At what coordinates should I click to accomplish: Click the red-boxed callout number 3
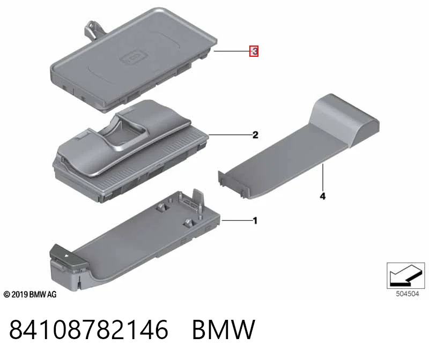point(254,51)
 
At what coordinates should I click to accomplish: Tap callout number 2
point(255,135)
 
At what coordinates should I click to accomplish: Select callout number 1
point(255,220)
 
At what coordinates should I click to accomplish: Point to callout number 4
point(323,196)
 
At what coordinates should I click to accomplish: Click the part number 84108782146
point(89,329)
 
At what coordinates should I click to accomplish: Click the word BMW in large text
point(224,329)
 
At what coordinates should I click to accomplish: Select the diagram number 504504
point(408,294)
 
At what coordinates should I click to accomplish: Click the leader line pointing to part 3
point(232,51)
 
